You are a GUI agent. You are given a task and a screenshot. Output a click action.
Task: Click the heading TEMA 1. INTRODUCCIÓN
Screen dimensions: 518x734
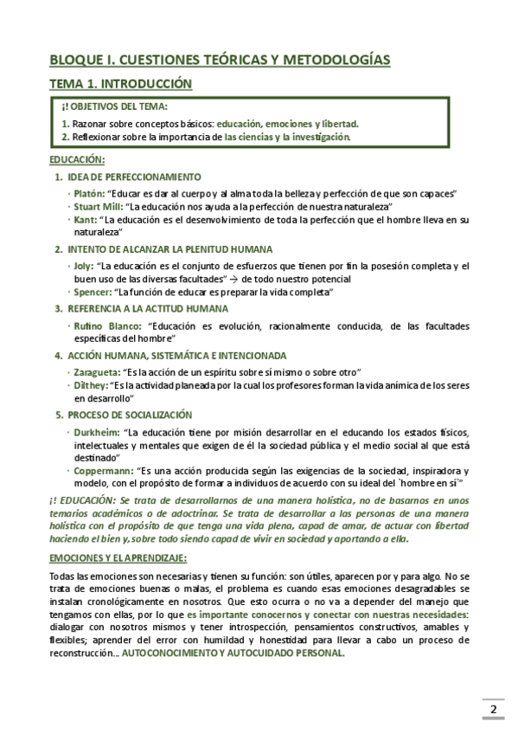(x=119, y=84)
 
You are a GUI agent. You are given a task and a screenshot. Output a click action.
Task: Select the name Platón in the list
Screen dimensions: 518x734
(x=89, y=193)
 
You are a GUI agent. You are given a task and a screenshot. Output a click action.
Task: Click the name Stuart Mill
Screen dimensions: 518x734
(x=98, y=207)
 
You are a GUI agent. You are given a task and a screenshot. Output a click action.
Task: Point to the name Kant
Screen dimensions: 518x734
(x=86, y=220)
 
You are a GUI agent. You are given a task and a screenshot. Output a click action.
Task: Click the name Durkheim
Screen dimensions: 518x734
(x=96, y=430)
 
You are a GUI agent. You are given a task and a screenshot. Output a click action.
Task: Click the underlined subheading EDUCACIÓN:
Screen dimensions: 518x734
(x=77, y=160)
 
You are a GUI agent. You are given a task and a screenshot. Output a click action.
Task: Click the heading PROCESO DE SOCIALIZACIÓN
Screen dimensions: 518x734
(x=130, y=415)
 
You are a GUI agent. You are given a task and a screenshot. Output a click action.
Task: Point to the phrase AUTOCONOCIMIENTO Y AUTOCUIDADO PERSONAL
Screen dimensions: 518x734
(x=233, y=654)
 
